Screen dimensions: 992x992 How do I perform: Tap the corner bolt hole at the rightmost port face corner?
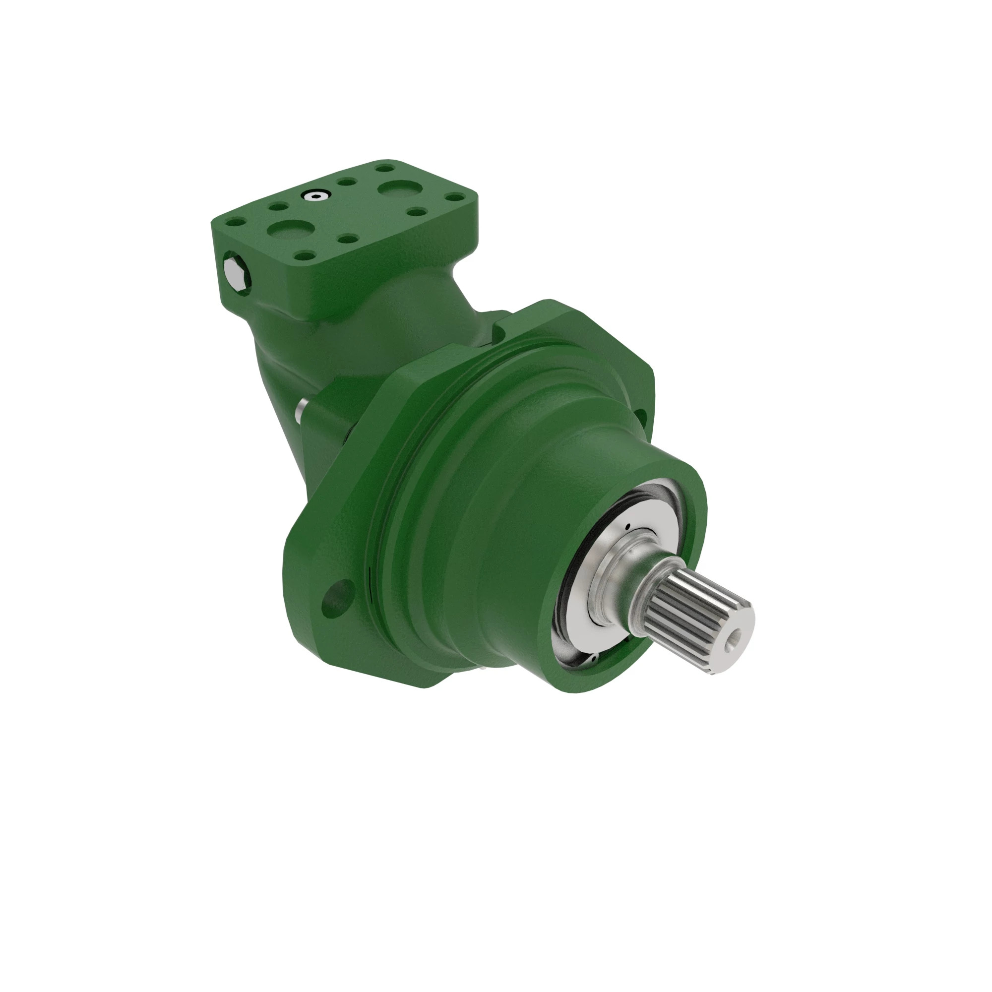(x=454, y=197)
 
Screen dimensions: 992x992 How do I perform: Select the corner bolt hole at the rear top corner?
(x=383, y=167)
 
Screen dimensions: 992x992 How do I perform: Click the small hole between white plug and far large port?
(x=348, y=182)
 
